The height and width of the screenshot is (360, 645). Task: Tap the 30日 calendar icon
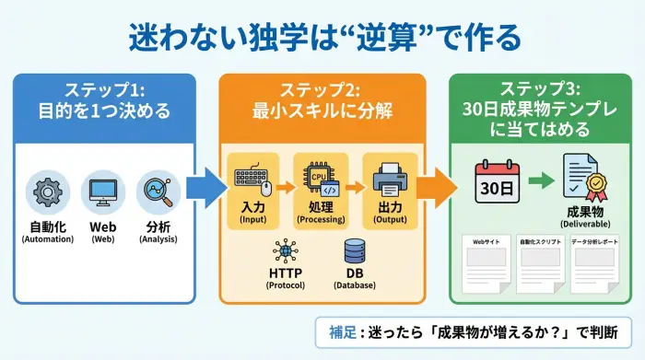(x=498, y=181)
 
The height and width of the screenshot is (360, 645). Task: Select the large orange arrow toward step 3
(x=441, y=188)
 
